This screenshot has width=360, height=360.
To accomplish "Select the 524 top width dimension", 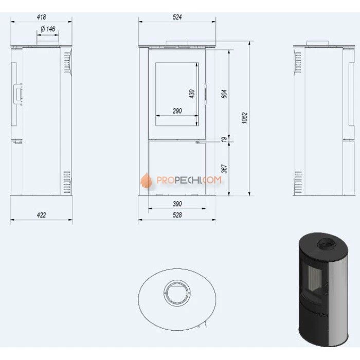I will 177,17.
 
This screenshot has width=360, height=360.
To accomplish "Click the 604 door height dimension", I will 224,94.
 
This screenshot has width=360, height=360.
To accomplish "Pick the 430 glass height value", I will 192,94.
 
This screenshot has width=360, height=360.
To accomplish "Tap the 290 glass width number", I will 177,111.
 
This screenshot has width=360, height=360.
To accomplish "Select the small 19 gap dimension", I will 224,139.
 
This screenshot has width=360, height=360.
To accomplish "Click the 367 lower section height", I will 224,169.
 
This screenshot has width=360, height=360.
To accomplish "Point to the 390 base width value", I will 177,204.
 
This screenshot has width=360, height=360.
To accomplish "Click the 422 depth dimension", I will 41,215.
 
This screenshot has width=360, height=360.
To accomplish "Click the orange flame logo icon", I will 145,181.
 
